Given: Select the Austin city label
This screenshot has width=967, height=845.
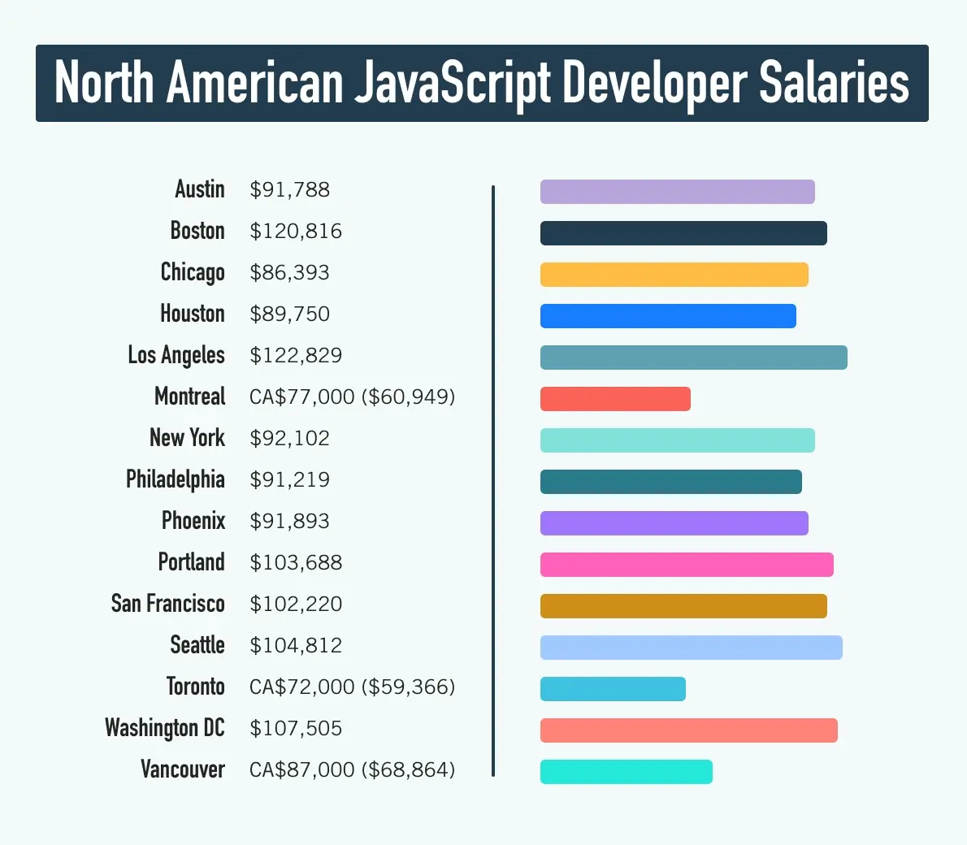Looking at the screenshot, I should tap(200, 189).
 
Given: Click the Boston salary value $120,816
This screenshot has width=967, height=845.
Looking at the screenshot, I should tap(296, 232).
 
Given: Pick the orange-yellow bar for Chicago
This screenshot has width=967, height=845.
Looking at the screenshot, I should tap(674, 275).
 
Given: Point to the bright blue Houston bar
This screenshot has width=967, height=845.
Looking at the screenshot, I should tap(668, 316).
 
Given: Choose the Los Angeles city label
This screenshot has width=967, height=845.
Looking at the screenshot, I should tap(176, 356).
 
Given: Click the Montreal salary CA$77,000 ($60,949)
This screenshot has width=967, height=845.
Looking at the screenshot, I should tap(352, 397).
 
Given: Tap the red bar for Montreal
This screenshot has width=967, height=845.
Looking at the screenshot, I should tap(615, 399).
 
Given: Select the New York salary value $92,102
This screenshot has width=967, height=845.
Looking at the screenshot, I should tap(290, 439).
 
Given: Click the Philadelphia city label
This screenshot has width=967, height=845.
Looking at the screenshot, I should tap(176, 479).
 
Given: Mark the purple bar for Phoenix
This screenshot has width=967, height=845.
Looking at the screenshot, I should tap(674, 523).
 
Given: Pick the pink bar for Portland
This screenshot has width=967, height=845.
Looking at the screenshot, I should tap(687, 565).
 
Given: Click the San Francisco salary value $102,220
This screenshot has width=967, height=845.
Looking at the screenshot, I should tap(296, 604).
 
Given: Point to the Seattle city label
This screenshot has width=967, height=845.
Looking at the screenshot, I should tap(197, 645).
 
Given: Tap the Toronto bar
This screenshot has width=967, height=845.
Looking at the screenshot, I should tap(613, 689).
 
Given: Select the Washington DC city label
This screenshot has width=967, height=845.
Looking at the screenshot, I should tap(165, 728).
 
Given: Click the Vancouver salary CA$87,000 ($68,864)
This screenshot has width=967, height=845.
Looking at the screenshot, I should tap(352, 769).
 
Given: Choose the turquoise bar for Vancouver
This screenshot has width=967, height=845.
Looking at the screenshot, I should tap(626, 772).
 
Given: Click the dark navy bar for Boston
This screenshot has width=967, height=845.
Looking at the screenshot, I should tap(683, 233).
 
